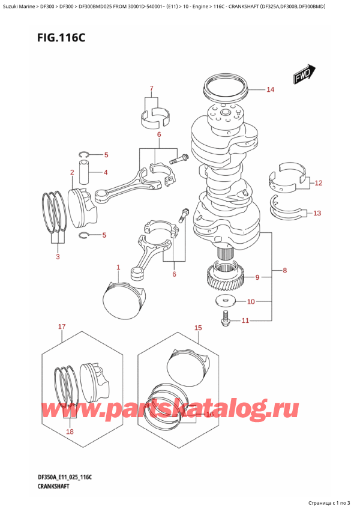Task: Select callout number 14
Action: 270,90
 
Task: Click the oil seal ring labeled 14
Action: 226,88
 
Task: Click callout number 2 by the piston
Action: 71,173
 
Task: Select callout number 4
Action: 106,173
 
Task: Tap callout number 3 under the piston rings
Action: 58,257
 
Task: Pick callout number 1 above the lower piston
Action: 118,267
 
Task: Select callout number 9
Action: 257,277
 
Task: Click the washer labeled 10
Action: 226,301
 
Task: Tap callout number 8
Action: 284,271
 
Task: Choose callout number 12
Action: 318,182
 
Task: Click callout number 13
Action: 317,212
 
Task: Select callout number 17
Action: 61,327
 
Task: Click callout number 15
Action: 198,328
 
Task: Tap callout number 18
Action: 70,432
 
